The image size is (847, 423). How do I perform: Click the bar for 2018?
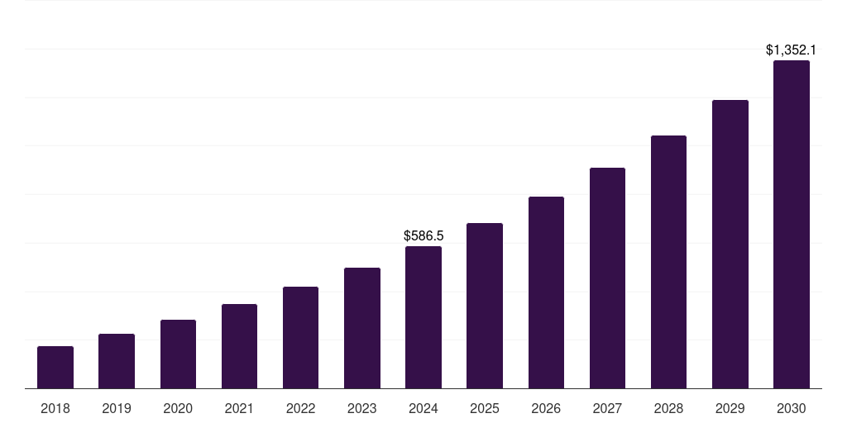(x=55, y=368)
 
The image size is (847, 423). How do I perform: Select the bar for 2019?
(x=117, y=361)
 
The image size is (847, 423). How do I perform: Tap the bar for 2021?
(x=239, y=346)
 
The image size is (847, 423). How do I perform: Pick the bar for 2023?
(x=362, y=328)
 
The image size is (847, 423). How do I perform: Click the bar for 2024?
(x=423, y=317)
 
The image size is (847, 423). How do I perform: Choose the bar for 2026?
(x=546, y=292)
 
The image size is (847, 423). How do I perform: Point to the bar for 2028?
(x=668, y=262)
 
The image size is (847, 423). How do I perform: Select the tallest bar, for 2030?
(x=792, y=225)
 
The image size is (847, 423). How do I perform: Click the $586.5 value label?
(x=423, y=236)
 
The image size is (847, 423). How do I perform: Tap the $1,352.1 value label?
(x=792, y=50)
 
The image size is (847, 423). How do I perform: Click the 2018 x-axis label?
(x=55, y=408)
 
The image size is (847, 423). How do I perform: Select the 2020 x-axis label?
(x=178, y=408)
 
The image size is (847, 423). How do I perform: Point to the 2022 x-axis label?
(x=300, y=408)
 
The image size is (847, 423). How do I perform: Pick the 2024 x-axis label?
(x=423, y=408)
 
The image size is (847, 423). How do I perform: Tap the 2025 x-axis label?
(x=485, y=408)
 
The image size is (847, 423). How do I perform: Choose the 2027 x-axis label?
(x=607, y=408)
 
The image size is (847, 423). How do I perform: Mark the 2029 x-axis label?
(x=730, y=408)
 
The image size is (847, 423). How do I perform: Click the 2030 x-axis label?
(x=792, y=408)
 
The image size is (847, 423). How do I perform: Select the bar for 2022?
(x=300, y=337)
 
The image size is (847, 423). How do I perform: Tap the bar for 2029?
(x=730, y=245)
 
